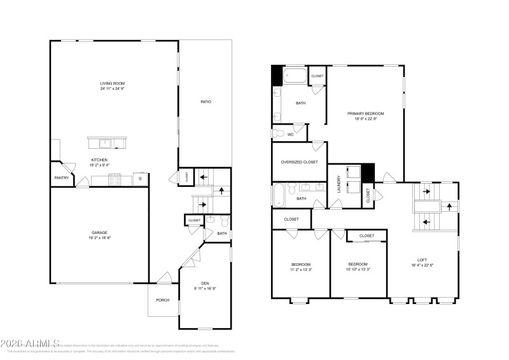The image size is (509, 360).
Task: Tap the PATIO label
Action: point(206,102)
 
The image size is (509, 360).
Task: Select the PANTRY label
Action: point(62,178)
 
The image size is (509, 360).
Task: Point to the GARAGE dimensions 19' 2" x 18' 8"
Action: point(99,237)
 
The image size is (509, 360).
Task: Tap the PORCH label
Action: point(163,300)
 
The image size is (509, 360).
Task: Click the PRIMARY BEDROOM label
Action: point(365,113)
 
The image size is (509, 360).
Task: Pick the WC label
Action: point(290,134)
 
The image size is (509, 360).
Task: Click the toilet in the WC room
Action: point(277,133)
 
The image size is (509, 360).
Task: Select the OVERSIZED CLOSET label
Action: point(299,162)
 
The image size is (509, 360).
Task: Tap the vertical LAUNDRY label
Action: point(338,185)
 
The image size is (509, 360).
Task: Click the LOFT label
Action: point(422,260)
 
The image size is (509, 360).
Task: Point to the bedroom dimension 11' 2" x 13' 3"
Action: point(301,270)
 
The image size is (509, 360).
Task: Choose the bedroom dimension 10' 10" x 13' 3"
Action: point(358,270)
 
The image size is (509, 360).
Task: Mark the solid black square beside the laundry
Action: point(368,172)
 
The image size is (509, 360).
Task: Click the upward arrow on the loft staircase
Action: point(450,206)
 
